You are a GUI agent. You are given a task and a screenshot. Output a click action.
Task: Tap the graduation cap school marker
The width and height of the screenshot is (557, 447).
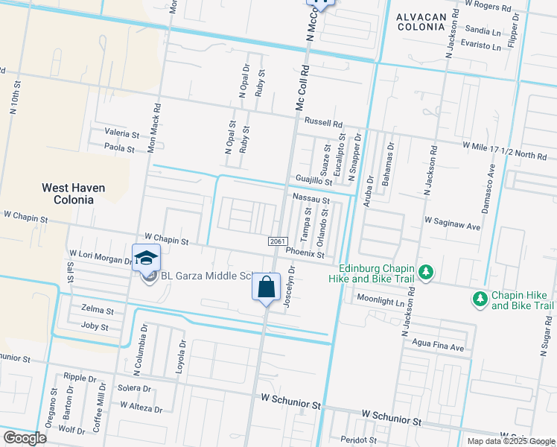[x=147, y=259]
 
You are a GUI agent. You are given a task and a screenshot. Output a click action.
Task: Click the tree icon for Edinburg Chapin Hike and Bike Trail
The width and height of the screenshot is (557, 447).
[x=426, y=272]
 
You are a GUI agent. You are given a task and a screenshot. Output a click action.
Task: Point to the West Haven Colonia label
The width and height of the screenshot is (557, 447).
[x=73, y=194]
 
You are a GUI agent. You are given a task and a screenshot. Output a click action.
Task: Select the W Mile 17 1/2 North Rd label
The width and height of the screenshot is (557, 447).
[x=504, y=151]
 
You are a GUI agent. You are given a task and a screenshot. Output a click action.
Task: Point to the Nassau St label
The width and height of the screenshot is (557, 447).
[x=311, y=200]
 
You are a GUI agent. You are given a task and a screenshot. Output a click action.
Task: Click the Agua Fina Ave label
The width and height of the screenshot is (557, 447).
[x=437, y=347]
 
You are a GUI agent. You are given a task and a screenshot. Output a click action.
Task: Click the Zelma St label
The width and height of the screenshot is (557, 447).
[x=97, y=311]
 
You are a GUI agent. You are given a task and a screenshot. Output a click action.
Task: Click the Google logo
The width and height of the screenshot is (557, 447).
[x=25, y=438]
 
